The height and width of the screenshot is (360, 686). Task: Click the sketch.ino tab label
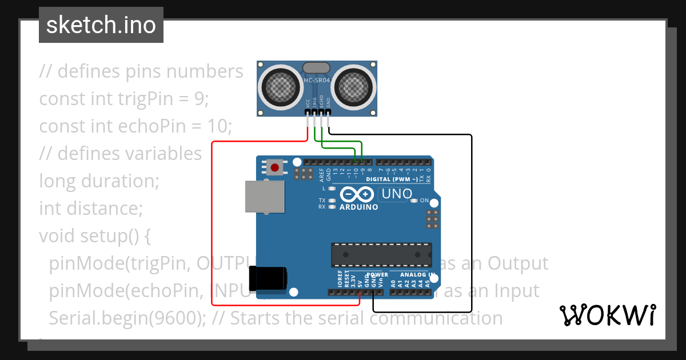(x=101, y=25)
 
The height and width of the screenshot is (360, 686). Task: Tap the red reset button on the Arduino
(x=275, y=167)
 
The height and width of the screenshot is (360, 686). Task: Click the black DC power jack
(x=269, y=279)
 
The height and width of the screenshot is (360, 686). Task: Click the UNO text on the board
(x=397, y=194)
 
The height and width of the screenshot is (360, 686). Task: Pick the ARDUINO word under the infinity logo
(x=358, y=207)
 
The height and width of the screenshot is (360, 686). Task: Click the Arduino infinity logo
(x=358, y=194)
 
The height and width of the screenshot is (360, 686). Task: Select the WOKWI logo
(x=607, y=315)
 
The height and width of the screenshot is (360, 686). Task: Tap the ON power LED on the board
(x=414, y=201)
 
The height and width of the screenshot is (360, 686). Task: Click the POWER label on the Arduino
(x=377, y=275)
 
